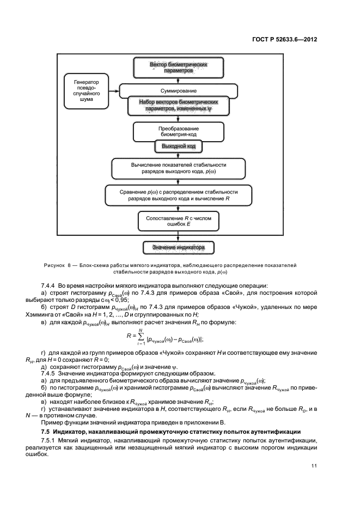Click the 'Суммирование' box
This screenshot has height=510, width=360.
[x=178, y=90]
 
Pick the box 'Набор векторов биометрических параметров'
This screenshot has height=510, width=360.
[x=178, y=105]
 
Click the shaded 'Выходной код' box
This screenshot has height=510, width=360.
[x=178, y=146]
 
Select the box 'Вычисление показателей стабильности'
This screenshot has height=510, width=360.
[x=178, y=168]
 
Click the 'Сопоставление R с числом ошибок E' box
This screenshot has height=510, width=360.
[x=178, y=221]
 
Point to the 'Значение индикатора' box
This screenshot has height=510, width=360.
[x=178, y=248]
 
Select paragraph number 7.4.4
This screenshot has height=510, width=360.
[x=49, y=286]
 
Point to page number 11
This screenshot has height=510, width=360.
[x=314, y=465]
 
